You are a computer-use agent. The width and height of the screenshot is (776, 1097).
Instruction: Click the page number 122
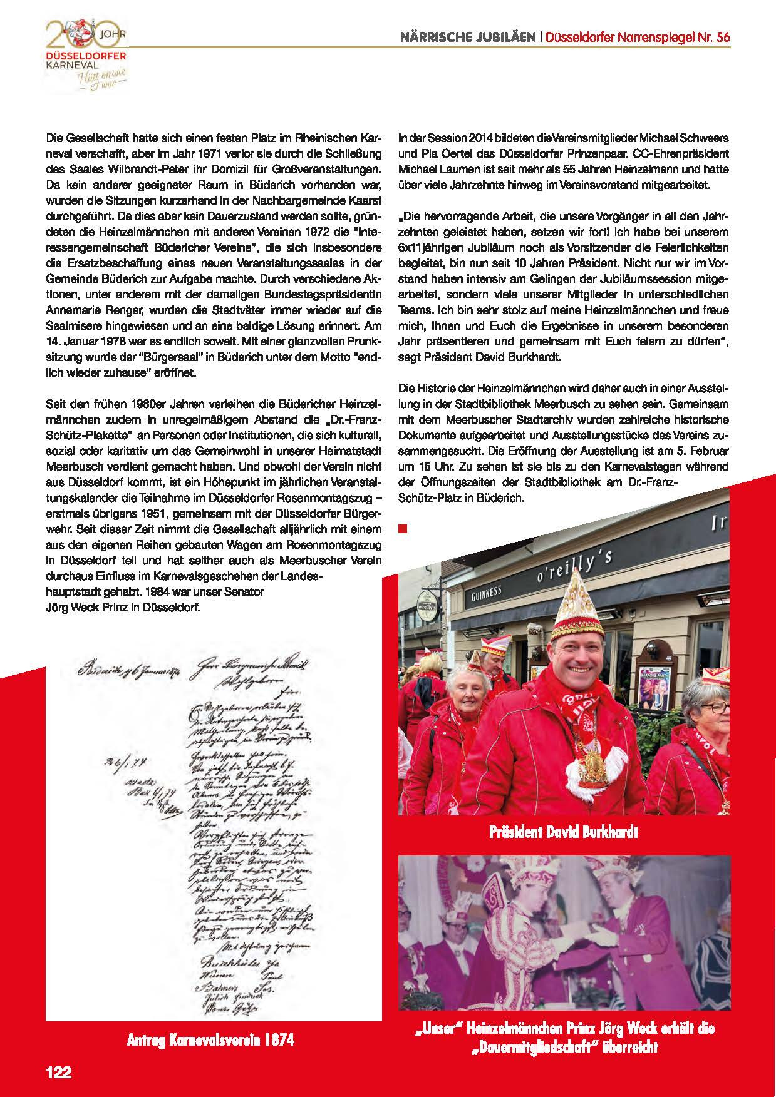click(x=59, y=1071)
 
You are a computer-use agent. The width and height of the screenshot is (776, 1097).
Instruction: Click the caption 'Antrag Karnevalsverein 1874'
click(x=210, y=1039)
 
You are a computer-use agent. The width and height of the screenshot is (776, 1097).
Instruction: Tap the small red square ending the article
click(x=403, y=529)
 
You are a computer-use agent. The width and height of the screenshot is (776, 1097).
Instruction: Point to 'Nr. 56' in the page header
click(x=715, y=37)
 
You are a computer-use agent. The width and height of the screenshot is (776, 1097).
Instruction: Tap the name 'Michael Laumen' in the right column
click(x=432, y=169)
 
